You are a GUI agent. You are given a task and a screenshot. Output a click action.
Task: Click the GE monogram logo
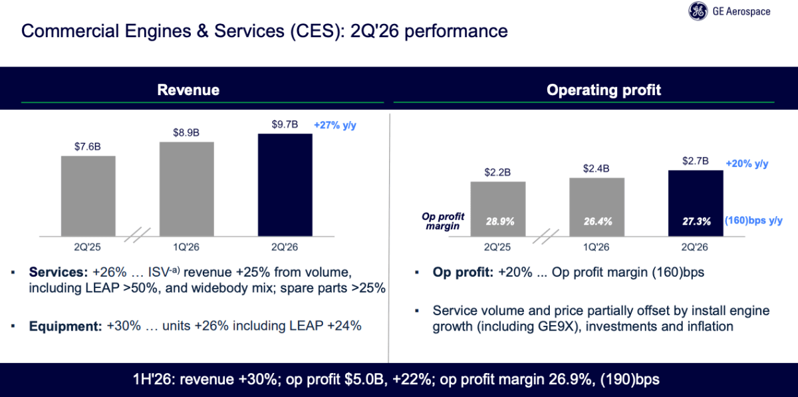tap(698, 11)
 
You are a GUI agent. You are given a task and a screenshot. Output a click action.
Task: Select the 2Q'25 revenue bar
tap(88, 196)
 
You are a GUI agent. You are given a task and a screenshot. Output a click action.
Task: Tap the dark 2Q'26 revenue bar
tap(285, 185)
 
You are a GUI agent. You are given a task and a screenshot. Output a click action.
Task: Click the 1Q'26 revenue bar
tap(187, 190)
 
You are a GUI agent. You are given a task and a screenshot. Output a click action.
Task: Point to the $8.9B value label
tap(186, 132)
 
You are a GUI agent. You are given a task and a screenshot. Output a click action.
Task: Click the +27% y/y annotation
tap(335, 125)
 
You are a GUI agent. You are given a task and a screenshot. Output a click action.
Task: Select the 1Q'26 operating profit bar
tap(597, 207)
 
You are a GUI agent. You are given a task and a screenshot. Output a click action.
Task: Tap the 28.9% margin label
tap(500, 221)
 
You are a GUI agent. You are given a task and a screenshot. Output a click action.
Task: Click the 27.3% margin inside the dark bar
tap(696, 221)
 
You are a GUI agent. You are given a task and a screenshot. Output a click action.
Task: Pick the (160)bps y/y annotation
tap(753, 221)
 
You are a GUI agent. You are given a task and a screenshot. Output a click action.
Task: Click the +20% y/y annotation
tap(747, 164)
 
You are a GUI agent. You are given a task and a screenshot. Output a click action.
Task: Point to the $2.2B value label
tap(497, 172)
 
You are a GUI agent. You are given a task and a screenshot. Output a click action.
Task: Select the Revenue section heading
tap(188, 90)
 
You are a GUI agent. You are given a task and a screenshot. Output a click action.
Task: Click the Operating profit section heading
tap(604, 90)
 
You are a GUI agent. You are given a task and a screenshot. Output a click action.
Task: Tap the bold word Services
tap(59, 272)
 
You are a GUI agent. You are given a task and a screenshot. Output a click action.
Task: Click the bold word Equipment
tap(66, 326)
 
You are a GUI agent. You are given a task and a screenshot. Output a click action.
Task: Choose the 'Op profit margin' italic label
tap(443, 221)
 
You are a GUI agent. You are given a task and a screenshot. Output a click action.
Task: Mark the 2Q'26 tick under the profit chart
tap(695, 247)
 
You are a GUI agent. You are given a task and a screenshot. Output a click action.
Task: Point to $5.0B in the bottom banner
tap(366, 380)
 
